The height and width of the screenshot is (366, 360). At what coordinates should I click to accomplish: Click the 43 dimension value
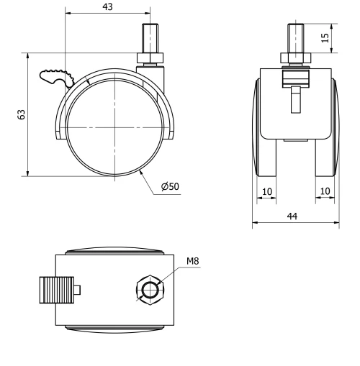click(108, 6)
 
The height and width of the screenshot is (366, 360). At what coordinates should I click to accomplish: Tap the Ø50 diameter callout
click(171, 187)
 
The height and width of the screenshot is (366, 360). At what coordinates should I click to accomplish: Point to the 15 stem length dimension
click(325, 37)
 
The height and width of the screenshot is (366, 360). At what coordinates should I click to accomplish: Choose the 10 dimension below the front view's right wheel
click(325, 192)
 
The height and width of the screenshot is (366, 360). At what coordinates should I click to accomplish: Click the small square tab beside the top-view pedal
click(78, 290)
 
